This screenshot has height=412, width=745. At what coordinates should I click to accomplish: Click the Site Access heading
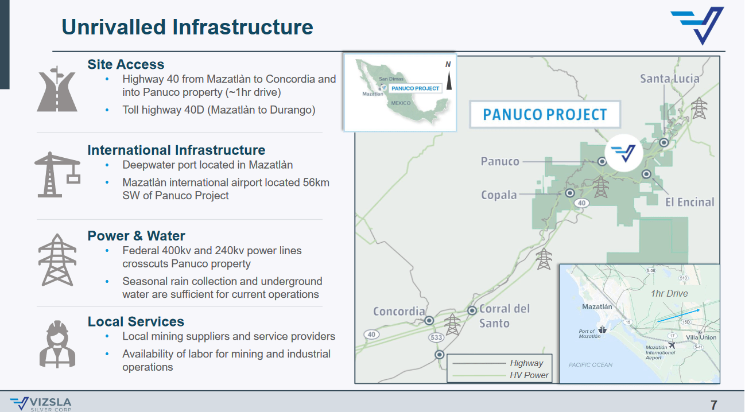pyautogui.click(x=126, y=64)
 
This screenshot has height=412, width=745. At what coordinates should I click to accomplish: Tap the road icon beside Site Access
pyautogui.click(x=57, y=89)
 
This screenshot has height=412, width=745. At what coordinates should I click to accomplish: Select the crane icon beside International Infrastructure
pyautogui.click(x=57, y=174)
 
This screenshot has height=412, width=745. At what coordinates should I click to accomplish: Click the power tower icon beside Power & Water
pyautogui.click(x=57, y=260)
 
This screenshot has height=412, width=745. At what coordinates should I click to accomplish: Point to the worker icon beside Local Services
pyautogui.click(x=57, y=344)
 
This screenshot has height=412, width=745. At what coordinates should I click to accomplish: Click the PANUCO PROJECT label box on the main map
pyautogui.click(x=545, y=114)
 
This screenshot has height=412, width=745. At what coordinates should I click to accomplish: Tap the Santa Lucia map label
pyautogui.click(x=669, y=79)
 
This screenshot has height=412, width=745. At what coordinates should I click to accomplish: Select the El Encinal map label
pyautogui.click(x=689, y=202)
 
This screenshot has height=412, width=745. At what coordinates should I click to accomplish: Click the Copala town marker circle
pyautogui.click(x=570, y=193)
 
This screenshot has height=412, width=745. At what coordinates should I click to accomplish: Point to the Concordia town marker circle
pyautogui.click(x=429, y=321)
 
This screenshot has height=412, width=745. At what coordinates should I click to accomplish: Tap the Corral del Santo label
pyautogui.click(x=504, y=316)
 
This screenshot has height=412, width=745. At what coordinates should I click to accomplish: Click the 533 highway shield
pyautogui.click(x=436, y=337)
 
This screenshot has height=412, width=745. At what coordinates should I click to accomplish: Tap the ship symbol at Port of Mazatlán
pyautogui.click(x=602, y=329)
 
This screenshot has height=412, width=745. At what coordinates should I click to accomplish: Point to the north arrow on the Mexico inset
pyautogui.click(x=449, y=81)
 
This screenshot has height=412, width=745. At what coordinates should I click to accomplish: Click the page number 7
pyautogui.click(x=714, y=405)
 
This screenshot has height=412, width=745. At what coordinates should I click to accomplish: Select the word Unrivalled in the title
pyautogui.click(x=114, y=27)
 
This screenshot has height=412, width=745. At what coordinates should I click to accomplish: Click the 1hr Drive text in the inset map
pyautogui.click(x=669, y=293)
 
